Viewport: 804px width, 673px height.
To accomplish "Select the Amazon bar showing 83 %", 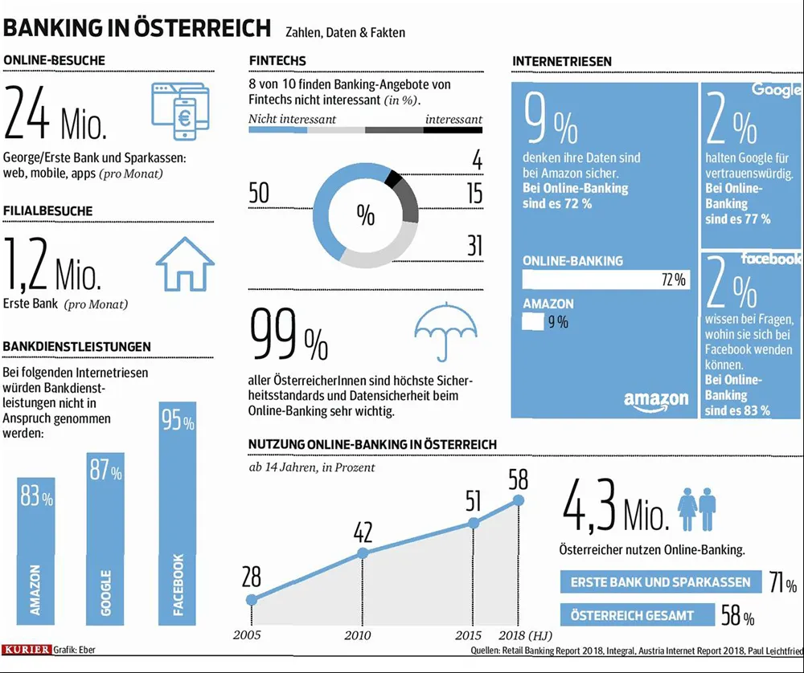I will pos(35,550).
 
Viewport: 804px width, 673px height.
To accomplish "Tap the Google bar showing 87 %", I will pos(105,538).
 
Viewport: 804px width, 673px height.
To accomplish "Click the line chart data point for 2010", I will pos(363,553).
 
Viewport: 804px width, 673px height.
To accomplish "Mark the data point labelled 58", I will pos(518,500).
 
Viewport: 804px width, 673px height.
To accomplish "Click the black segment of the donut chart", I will pos(393,179).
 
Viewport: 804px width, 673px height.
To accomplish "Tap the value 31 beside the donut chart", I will pos(474,246).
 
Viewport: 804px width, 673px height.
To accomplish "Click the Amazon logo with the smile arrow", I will pos(656,401).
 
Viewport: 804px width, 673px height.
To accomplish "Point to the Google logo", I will pos(777,89).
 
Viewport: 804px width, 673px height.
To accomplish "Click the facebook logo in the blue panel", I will pos(771,259).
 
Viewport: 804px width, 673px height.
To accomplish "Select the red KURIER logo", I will pos(27,648).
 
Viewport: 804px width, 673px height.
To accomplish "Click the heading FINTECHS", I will pos(277,61).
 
